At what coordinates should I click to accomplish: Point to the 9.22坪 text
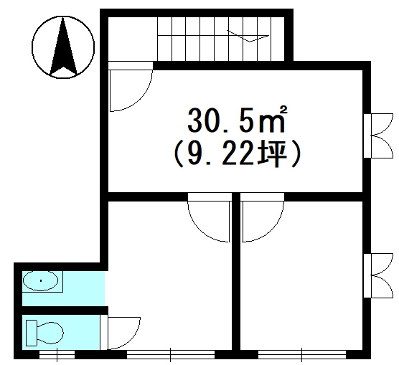pos(238,154)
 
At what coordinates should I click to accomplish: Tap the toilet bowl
pos(50,333)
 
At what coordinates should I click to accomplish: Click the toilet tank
pos(32,333)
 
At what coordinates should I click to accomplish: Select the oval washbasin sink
pos(41,281)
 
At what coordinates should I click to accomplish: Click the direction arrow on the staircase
pos(248,36)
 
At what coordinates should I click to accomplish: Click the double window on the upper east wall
pos(378,136)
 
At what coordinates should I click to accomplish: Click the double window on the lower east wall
pos(378,275)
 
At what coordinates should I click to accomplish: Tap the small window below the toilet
pos(57,354)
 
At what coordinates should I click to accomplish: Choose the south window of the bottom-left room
pos(171,354)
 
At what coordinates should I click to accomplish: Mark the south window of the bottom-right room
pos(302,354)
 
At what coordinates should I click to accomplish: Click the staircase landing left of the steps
pos(133,39)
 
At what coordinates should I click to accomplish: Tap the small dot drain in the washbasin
pos(41,281)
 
